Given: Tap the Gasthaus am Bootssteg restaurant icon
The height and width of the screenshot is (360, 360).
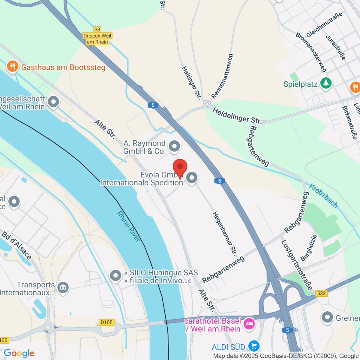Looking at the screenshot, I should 12,67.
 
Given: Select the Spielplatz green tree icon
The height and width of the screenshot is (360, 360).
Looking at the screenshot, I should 326,83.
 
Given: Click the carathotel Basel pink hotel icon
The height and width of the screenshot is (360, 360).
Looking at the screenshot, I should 250,324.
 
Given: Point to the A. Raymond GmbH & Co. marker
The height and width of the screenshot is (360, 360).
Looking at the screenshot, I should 174,147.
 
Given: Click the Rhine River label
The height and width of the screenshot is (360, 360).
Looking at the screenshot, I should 128,226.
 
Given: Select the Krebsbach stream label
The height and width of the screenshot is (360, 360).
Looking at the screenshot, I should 323,196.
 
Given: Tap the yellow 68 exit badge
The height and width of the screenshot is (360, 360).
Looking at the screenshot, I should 97,29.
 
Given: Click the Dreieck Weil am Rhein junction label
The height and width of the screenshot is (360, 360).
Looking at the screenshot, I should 97,39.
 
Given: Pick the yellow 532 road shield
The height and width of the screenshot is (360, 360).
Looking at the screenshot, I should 321,293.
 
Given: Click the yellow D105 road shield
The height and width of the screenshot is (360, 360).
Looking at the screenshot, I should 106,322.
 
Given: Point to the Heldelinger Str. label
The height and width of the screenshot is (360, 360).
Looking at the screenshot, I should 237,115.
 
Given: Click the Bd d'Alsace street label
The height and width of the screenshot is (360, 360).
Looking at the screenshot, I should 16,245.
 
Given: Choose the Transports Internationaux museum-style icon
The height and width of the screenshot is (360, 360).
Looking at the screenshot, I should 63,288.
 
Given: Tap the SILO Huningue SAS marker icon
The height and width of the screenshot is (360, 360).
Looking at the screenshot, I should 115,276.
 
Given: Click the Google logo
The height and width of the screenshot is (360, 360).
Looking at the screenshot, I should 19,353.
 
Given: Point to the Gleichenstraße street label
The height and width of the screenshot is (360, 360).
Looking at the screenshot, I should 324,25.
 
